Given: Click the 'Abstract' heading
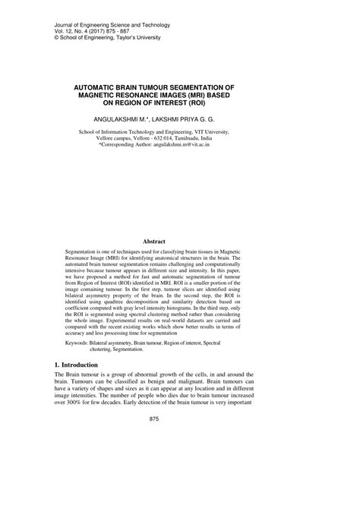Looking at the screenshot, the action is tap(179, 242).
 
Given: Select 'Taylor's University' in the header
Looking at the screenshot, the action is tap(156, 36).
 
